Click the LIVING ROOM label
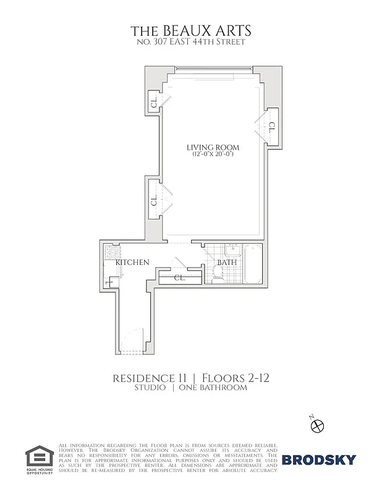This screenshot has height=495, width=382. pyautogui.click(x=213, y=147)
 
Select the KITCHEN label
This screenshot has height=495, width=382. pyautogui.click(x=132, y=262)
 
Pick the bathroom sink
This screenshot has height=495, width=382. pyautogui.click(x=232, y=250)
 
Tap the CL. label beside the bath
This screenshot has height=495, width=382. pyautogui.click(x=179, y=277)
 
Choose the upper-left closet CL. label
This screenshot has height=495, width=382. pyautogui.click(x=153, y=103)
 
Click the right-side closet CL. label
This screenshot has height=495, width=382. pyautogui.click(x=272, y=126)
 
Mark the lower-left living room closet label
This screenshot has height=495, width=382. pyautogui.click(x=153, y=201)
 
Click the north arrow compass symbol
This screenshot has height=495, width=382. pyautogui.click(x=318, y=426)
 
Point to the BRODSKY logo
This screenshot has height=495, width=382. pyautogui.click(x=319, y=459)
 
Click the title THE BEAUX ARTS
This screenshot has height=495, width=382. pyautogui.click(x=191, y=31)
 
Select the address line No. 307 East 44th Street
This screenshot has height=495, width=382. pyautogui.click(x=191, y=42)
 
